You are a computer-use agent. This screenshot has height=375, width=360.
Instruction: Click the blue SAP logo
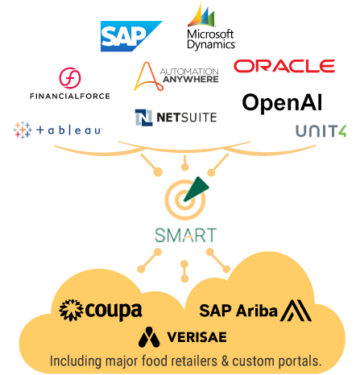[x=131, y=36]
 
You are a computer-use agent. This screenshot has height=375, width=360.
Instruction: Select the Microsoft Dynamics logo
[x=212, y=27]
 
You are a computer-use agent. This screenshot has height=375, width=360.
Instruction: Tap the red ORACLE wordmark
[x=284, y=66]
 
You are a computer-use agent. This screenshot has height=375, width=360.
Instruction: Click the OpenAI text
[x=282, y=103]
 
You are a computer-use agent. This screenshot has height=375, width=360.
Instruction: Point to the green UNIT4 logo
[x=321, y=131]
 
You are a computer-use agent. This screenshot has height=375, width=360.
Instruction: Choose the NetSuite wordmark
[x=187, y=117]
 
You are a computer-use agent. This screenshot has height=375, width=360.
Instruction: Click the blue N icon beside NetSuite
[x=143, y=117]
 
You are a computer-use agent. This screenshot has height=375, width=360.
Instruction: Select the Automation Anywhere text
[x=190, y=76]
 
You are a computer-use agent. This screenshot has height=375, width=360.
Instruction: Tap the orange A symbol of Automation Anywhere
[x=148, y=77]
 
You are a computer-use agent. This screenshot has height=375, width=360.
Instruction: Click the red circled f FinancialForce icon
[x=70, y=78]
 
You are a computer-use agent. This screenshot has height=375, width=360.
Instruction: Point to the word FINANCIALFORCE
[x=70, y=96]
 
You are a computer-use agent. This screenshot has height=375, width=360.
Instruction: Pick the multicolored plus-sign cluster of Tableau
[x=23, y=130]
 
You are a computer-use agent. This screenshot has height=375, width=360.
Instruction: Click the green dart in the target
[x=197, y=189]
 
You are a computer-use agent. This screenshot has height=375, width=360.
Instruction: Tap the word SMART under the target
[x=186, y=235]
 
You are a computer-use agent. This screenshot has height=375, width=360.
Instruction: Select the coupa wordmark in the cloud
[x=114, y=311]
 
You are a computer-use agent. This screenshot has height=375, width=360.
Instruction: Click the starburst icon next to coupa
[x=71, y=310]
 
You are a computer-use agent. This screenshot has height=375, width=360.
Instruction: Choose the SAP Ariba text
[x=238, y=311]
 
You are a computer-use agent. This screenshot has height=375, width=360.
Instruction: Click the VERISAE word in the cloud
[x=197, y=337]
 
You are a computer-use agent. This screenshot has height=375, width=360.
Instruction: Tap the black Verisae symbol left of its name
[x=149, y=337]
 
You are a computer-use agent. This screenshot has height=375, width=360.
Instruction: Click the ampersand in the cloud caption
[x=225, y=361]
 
